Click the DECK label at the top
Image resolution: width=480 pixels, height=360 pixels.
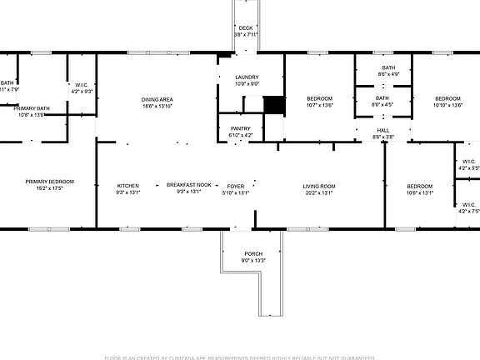point(246,27)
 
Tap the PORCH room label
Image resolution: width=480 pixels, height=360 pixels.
point(253,253)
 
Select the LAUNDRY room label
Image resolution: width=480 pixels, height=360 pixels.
point(247,77)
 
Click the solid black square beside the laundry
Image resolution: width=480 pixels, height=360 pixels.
point(273,106)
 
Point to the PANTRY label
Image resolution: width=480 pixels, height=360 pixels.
point(241,127)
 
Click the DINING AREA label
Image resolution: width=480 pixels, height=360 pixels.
point(157,99)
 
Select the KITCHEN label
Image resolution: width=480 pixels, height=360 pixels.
point(127,185)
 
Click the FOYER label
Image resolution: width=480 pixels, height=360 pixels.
point(237,185)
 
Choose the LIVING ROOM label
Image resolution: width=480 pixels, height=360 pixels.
point(318,185)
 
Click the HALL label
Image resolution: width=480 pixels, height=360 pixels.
point(382,130)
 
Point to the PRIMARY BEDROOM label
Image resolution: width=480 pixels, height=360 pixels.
point(49,182)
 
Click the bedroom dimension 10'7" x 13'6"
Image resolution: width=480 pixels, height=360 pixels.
point(319,106)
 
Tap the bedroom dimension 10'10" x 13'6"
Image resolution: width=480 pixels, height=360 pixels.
point(448,106)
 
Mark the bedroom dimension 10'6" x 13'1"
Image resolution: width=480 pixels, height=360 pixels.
point(419,192)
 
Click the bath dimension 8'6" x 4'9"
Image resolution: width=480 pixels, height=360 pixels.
point(388,75)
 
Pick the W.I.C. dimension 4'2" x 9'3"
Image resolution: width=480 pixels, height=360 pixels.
point(82,91)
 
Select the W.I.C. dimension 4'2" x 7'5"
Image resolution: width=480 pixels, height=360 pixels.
point(469,211)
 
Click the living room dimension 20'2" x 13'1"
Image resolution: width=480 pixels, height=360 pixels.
point(318,192)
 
